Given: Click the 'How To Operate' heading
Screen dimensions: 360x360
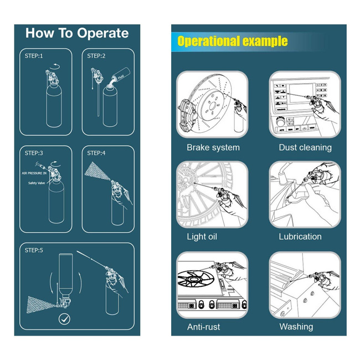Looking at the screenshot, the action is [x=77, y=33].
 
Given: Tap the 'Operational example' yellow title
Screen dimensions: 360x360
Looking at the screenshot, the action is [x=233, y=41].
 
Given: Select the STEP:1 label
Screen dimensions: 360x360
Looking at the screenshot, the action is [x=34, y=56].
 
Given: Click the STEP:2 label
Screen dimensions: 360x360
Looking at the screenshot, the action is [x=96, y=56].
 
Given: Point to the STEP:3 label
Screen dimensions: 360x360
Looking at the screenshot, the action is [x=34, y=153].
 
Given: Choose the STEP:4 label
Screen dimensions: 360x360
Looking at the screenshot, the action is [x=96, y=153].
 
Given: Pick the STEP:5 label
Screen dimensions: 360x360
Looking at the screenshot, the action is [x=34, y=250].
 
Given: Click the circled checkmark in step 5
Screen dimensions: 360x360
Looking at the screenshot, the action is [x=64, y=319].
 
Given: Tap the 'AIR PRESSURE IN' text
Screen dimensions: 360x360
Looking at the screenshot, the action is [x=34, y=173].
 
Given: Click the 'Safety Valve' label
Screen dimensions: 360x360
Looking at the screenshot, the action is [x=37, y=183].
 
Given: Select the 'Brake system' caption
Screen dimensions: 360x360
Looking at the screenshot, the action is [x=213, y=147].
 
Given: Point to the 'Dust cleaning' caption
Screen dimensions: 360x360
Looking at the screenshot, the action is [x=305, y=147].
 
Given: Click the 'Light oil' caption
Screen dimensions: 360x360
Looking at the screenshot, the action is [x=202, y=236].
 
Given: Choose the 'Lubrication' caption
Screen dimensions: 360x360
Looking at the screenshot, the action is [x=300, y=236].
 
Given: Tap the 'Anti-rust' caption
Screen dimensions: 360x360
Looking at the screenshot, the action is [x=203, y=327].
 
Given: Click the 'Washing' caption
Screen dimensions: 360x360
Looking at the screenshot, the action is [x=296, y=327].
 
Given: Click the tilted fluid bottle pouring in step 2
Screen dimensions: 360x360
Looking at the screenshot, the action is [x=121, y=74].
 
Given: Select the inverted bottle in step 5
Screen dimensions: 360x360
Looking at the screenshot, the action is [x=66, y=275].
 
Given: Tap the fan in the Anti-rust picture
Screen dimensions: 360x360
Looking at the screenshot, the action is [x=196, y=279].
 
